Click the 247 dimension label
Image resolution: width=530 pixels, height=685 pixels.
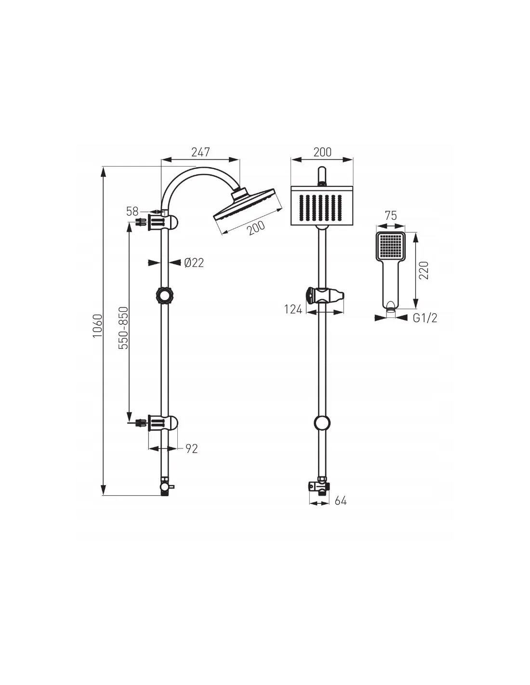(200, 152)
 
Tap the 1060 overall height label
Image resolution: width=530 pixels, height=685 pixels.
(98, 326)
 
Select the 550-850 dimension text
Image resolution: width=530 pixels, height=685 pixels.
(124, 328)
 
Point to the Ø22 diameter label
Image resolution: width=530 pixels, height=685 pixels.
(194, 262)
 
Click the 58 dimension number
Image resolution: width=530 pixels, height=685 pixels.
(132, 211)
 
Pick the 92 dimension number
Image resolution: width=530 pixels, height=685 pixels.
(191, 448)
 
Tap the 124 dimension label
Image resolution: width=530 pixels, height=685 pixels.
(293, 310)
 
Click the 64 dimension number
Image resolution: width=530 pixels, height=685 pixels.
(341, 501)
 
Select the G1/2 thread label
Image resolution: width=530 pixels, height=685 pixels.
(425, 318)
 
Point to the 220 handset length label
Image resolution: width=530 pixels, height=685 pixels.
(424, 270)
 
